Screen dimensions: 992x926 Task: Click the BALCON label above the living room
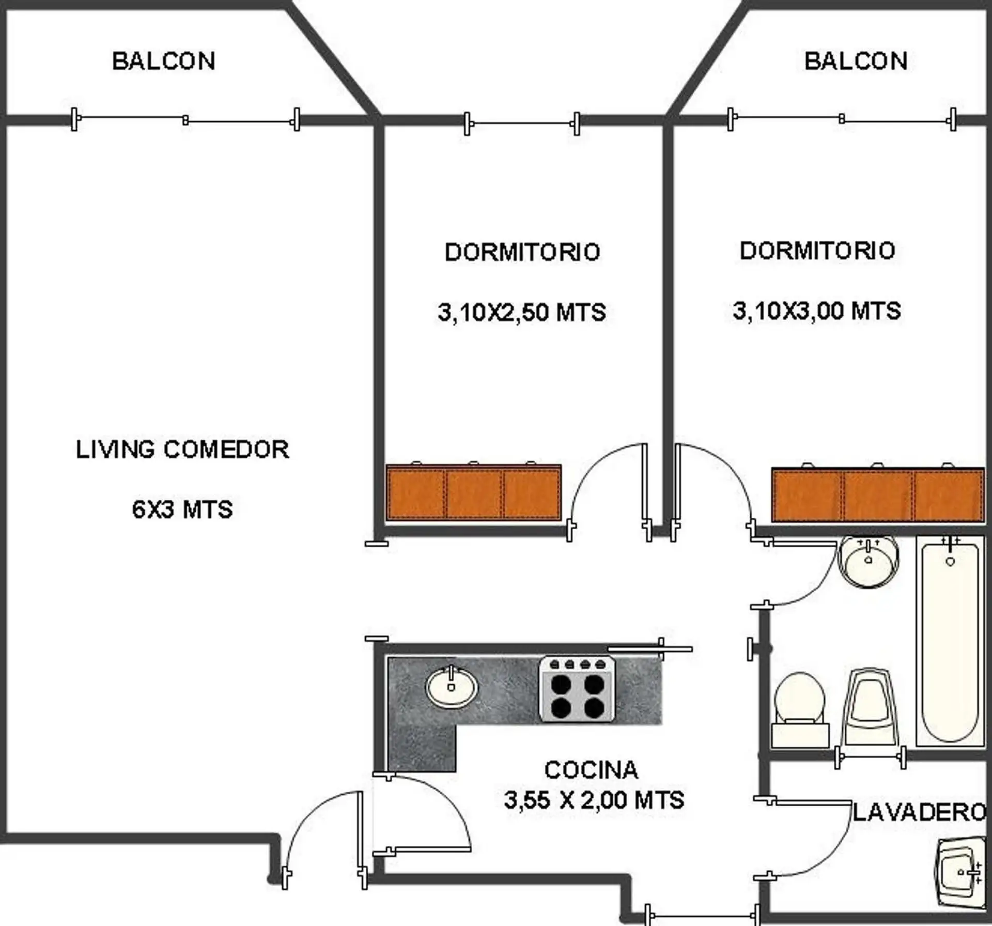pyautogui.click(x=164, y=61)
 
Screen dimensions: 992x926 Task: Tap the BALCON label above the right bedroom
pyautogui.click(x=856, y=61)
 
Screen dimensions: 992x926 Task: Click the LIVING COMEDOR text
pyautogui.click(x=182, y=450)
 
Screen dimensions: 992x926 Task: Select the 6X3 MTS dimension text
pyautogui.click(x=182, y=510)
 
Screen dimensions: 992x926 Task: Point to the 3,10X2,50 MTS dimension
pyautogui.click(x=522, y=312)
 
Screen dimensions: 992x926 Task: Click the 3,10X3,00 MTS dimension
pyautogui.click(x=817, y=311)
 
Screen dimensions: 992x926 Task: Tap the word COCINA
pyautogui.click(x=592, y=770)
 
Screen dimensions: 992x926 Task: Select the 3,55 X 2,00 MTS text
pyautogui.click(x=594, y=800)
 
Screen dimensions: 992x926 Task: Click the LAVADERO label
pyautogui.click(x=920, y=813)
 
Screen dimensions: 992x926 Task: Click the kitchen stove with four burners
pyautogui.click(x=577, y=688)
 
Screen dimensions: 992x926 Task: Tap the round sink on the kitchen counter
pyautogui.click(x=452, y=687)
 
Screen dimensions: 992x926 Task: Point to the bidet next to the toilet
pyautogui.click(x=870, y=708)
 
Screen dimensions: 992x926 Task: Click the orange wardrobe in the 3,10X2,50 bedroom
pyautogui.click(x=474, y=492)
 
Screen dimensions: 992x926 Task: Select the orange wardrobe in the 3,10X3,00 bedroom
pyautogui.click(x=878, y=495)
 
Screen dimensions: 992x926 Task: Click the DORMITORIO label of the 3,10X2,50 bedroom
pyautogui.click(x=522, y=252)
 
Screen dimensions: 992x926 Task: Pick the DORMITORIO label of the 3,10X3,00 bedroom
pyautogui.click(x=817, y=251)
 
